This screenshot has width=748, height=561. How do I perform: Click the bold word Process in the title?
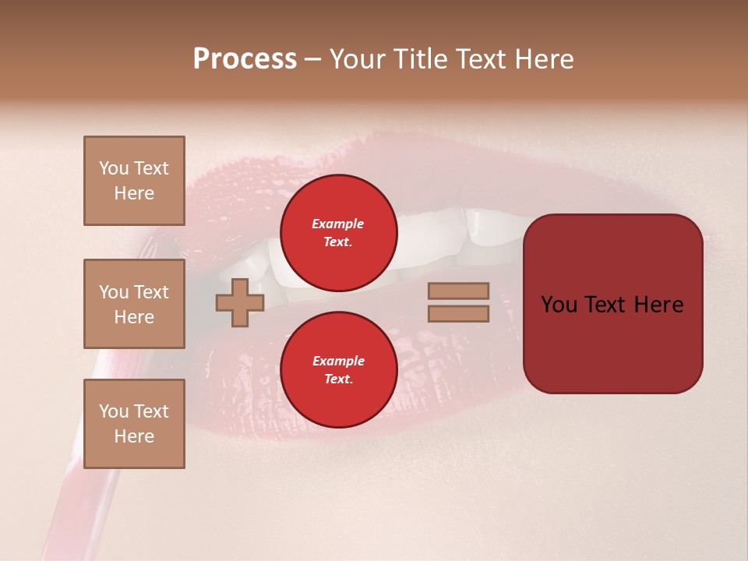point(245,59)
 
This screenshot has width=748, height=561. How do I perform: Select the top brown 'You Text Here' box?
point(134,181)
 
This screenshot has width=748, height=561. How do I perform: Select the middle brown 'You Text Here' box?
point(134,304)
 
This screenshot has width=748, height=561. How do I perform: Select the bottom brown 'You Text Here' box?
point(134,424)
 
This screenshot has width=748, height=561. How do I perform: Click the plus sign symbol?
point(239,302)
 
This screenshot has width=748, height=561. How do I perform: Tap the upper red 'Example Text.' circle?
point(338,232)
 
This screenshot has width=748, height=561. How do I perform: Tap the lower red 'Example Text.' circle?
point(338,369)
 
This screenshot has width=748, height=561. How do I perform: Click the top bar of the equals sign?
point(458,291)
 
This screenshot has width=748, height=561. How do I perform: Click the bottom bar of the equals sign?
point(458,313)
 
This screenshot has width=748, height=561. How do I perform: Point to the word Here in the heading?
point(543,59)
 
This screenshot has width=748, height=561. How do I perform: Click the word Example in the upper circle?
point(338,224)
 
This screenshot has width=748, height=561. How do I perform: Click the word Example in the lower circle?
point(338,361)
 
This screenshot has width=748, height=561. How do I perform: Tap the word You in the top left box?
point(113,168)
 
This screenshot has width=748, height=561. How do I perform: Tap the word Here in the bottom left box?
point(134,436)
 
